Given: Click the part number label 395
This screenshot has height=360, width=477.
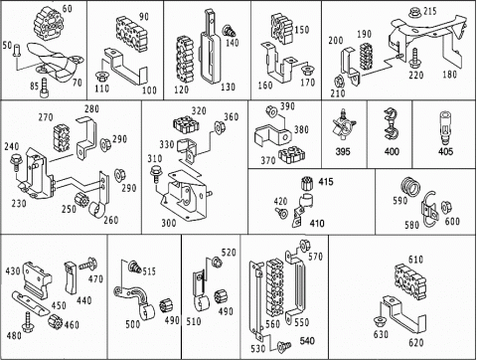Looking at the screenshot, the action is [x=343, y=151].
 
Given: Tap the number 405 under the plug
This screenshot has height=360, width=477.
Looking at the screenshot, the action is [x=445, y=151].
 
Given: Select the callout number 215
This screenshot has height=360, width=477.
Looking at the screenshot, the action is [x=430, y=11].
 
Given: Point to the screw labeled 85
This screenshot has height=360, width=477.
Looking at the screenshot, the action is [x=45, y=88].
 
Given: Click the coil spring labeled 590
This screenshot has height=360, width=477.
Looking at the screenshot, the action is [x=410, y=188].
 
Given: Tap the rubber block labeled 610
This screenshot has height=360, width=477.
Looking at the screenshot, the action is [x=410, y=278].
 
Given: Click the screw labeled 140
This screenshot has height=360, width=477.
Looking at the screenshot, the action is [x=230, y=31].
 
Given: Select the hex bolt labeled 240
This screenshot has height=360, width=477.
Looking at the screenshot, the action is [x=15, y=162].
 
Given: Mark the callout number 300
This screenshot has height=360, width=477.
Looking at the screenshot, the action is [x=169, y=223].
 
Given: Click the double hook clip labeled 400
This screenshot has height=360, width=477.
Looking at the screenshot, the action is [x=391, y=124].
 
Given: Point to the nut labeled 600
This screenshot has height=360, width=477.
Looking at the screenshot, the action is [x=445, y=207].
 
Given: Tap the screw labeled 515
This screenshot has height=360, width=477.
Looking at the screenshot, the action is [x=135, y=266].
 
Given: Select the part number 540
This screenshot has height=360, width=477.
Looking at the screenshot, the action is [x=307, y=341].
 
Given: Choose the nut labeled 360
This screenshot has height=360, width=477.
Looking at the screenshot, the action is [x=220, y=127].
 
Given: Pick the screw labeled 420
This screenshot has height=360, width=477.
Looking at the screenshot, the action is [x=282, y=213].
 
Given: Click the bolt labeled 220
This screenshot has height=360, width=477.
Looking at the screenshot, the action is [x=413, y=59].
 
